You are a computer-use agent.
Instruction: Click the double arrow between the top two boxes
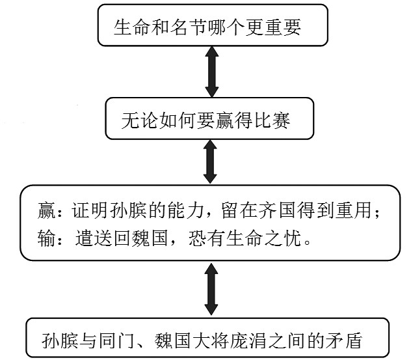[x=209, y=73]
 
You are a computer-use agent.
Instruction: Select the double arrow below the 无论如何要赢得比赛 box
[x=209, y=162]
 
